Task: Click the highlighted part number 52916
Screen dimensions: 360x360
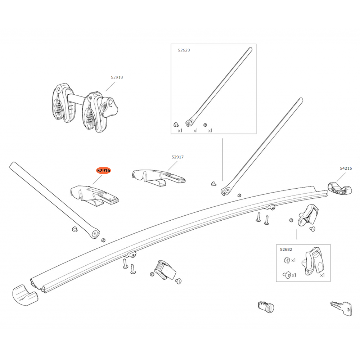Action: (104, 171)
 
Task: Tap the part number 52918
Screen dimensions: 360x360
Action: (117, 77)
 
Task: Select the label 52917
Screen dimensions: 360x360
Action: (177, 157)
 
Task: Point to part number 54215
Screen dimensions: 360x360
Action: (346, 168)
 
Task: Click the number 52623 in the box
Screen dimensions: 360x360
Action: (184, 50)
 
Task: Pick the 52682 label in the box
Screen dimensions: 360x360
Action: (286, 249)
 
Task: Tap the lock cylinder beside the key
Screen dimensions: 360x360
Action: (266, 307)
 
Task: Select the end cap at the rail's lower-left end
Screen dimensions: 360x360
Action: (25, 295)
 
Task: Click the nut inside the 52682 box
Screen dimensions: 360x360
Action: (287, 260)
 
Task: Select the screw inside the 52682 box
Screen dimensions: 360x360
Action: (287, 274)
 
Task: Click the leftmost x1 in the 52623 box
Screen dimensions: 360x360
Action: (180, 131)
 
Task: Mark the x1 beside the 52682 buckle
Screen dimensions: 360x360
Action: (322, 275)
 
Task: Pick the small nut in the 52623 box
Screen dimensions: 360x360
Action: (205, 125)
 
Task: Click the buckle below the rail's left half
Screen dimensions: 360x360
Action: (165, 270)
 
